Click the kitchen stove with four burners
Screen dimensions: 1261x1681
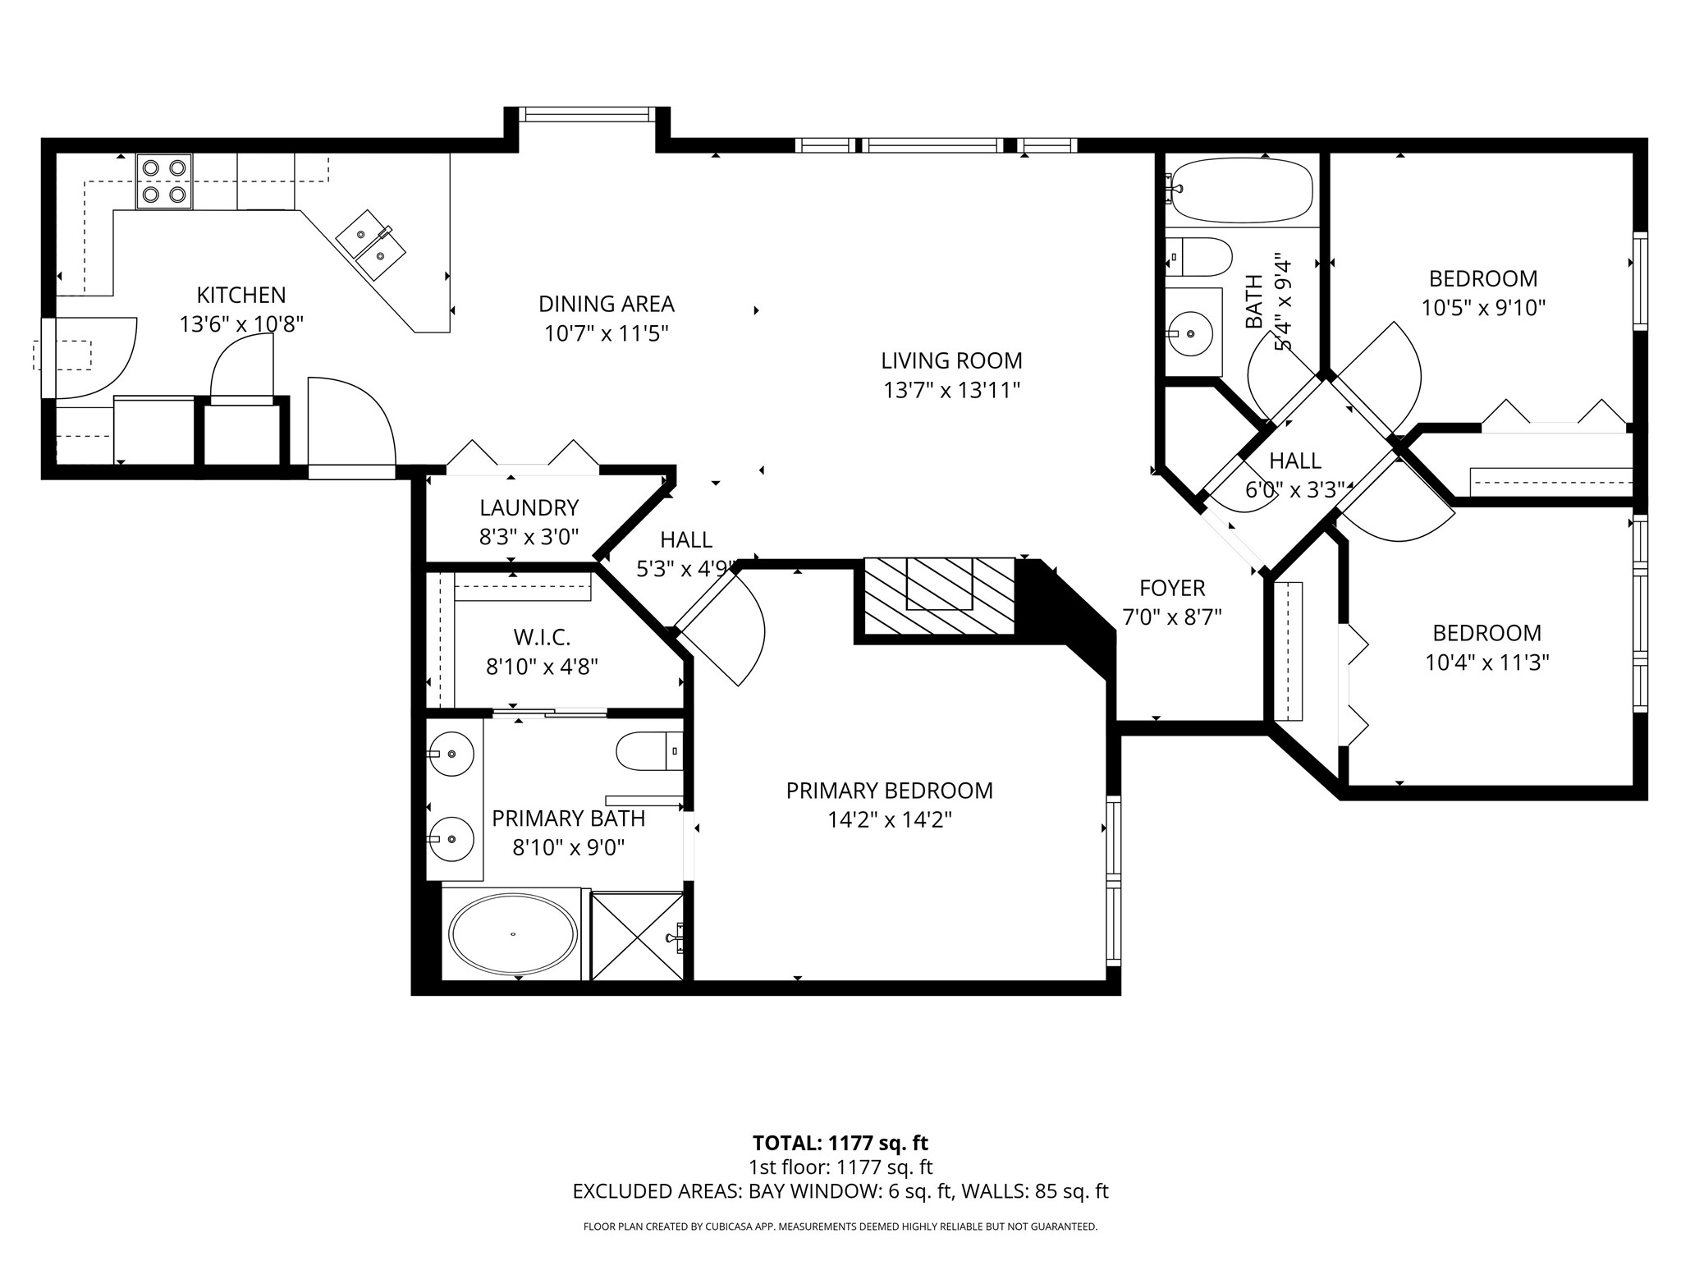(163, 181)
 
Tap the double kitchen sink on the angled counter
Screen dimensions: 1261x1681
(371, 244)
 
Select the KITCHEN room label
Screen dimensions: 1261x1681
(241, 295)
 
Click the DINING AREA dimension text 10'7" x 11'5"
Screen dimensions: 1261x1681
(606, 333)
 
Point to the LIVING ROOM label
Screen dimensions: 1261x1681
(951, 360)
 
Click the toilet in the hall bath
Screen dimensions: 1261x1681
(1200, 257)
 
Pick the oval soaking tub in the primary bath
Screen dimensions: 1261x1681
(513, 934)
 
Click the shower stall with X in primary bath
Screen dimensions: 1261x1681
(637, 936)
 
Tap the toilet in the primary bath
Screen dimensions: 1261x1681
(648, 750)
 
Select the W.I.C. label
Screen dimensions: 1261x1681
(542, 636)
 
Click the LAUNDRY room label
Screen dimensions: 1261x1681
(529, 507)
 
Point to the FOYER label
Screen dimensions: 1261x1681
(1171, 588)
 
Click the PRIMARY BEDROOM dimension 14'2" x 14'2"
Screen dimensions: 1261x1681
(889, 820)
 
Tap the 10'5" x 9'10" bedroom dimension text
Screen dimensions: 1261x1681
(1483, 308)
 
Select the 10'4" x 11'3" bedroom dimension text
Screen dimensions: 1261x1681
(1486, 663)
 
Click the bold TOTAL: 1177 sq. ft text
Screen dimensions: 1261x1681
(840, 1143)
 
